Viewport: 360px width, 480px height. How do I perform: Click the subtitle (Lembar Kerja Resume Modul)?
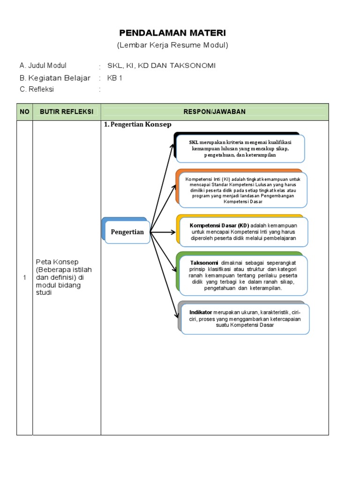click(172, 45)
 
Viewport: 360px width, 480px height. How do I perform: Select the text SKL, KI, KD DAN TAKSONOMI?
click(161, 66)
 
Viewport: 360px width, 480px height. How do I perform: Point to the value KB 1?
click(115, 78)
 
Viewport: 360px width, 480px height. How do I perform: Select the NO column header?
click(24, 112)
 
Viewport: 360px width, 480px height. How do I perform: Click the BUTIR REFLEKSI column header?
click(67, 112)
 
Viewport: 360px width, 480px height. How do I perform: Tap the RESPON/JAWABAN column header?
click(215, 112)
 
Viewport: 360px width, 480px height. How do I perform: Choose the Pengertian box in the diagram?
click(127, 232)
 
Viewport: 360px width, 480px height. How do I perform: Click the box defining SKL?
click(240, 148)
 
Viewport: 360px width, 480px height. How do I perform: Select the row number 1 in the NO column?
click(24, 278)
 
